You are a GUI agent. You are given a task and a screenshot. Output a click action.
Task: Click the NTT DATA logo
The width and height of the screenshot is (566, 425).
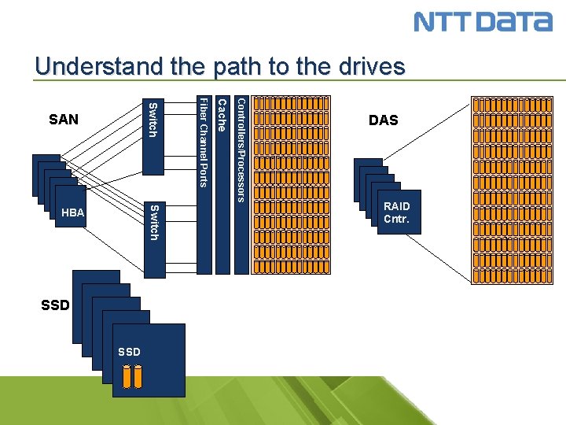pyautogui.click(x=483, y=21)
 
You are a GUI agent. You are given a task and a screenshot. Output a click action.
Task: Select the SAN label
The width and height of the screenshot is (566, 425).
pyautogui.click(x=64, y=120)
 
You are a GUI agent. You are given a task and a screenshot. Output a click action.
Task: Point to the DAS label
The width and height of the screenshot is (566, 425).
pyautogui.click(x=384, y=120)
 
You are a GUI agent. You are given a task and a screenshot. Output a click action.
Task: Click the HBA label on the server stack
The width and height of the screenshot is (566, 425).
pyautogui.click(x=72, y=213)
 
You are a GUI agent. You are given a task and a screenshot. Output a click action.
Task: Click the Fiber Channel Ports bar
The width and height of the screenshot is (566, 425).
pyautogui.click(x=204, y=184)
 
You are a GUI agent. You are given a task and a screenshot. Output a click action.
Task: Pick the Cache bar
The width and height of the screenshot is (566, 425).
pyautogui.click(x=222, y=184)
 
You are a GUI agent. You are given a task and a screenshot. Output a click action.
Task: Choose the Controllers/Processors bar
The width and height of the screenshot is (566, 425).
pyautogui.click(x=241, y=184)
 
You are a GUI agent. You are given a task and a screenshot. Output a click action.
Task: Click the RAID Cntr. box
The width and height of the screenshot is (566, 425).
pyautogui.click(x=396, y=213)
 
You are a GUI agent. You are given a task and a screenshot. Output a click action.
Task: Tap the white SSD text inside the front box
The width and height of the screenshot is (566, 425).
pyautogui.click(x=129, y=352)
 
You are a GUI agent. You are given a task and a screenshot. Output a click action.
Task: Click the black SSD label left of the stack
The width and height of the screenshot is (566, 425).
pyautogui.click(x=55, y=305)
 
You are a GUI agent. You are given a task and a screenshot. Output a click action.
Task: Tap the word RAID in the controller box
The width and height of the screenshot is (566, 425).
pyautogui.click(x=397, y=206)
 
